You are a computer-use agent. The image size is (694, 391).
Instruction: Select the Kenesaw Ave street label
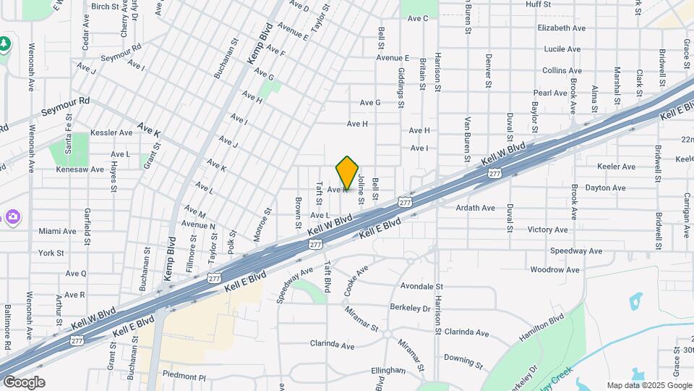point(80,169)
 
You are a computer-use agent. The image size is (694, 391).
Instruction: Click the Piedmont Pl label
point(184,377)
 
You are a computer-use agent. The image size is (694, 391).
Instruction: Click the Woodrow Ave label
point(554,270)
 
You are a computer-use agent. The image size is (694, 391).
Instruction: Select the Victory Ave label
point(549,230)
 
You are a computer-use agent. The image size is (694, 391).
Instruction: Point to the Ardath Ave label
point(475,208)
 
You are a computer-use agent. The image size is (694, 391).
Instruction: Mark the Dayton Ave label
point(604,188)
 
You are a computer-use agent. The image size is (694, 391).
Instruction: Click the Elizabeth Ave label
point(561,28)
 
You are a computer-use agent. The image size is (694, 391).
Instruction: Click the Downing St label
point(463,359)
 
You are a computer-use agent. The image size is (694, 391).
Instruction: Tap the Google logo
point(23,382)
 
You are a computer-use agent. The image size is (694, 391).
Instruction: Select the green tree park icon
point(5,44)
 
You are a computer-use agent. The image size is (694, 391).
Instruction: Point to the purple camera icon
point(12,216)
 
